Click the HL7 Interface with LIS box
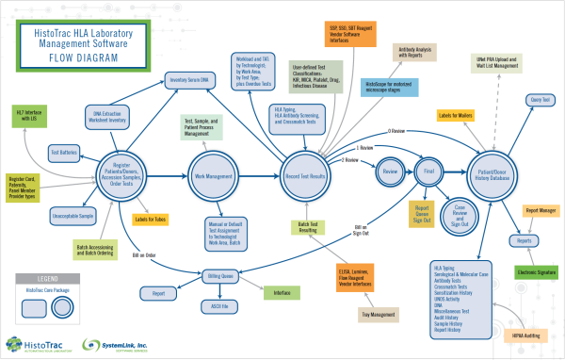tap(31, 118)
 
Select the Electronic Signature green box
tap(540, 271)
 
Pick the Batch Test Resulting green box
tap(307, 226)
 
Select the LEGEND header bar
tap(49, 279)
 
